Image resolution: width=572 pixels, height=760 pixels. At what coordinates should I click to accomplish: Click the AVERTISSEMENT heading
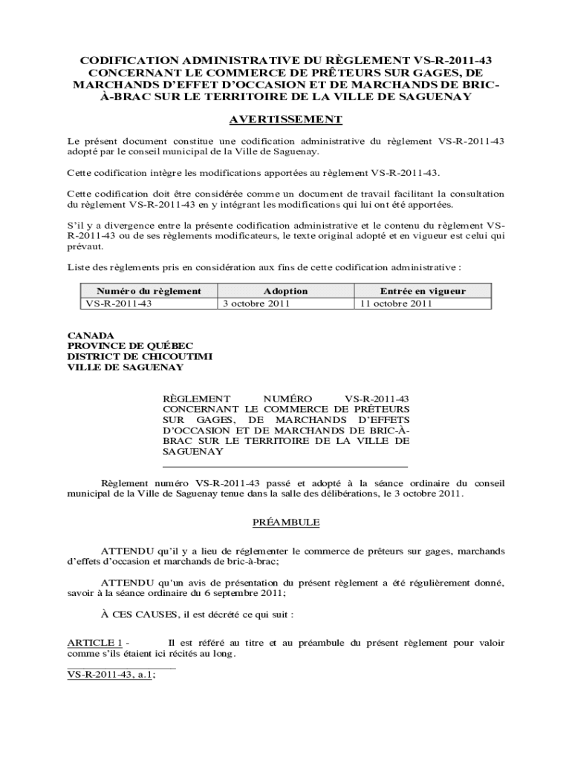[x=285, y=119]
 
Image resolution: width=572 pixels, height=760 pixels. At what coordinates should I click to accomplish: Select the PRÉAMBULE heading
[x=286, y=522]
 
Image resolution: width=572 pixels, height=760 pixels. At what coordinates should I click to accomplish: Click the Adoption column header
[x=285, y=291]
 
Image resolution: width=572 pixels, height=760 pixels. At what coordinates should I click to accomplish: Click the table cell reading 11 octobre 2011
[x=395, y=304]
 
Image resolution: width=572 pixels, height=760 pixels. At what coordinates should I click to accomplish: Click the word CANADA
[x=91, y=335]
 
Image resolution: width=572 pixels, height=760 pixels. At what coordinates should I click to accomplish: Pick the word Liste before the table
[x=79, y=267]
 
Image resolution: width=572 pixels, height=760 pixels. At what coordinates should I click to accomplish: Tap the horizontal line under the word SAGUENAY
[x=285, y=465]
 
